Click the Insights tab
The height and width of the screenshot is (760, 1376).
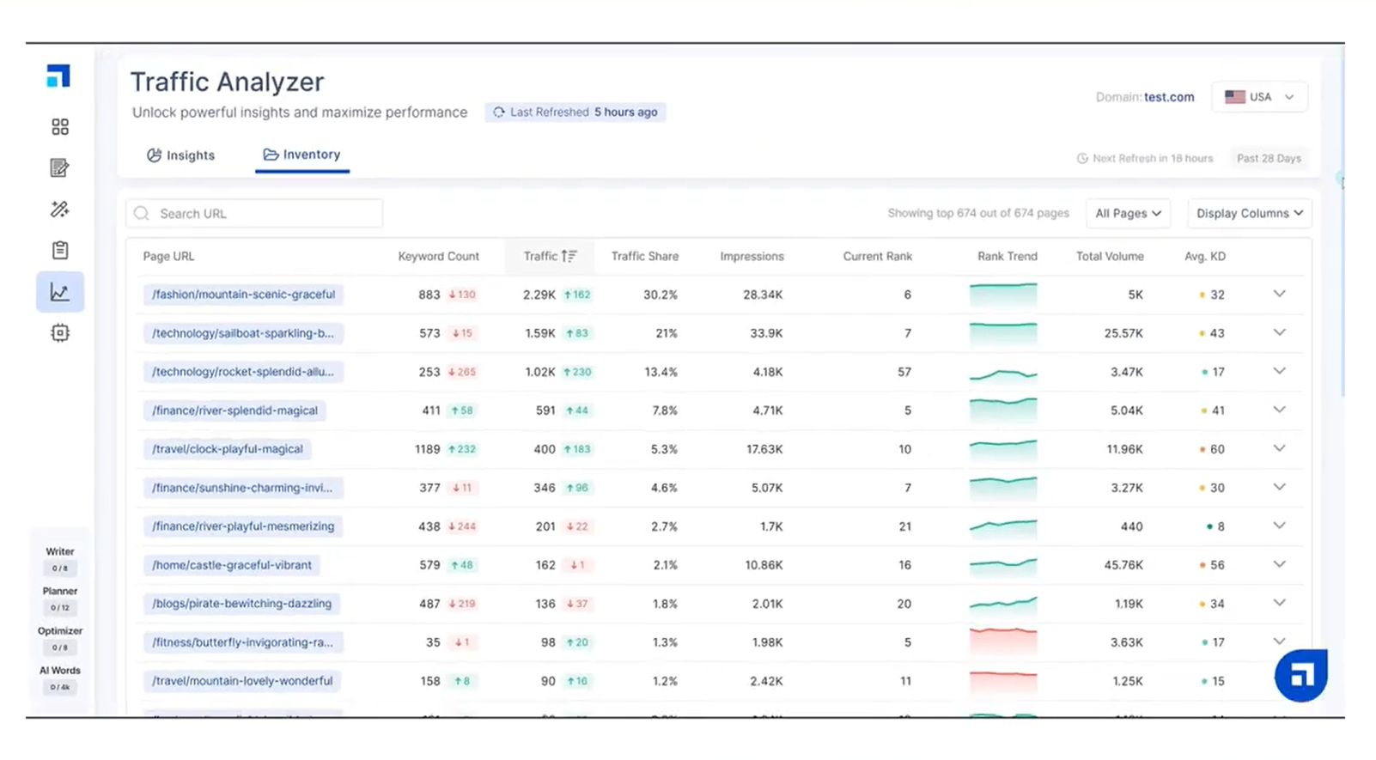coord(181,155)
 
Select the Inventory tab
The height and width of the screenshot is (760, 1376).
coord(302,155)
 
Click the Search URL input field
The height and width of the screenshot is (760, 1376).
coord(255,214)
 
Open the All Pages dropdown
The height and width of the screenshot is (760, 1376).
coord(1128,213)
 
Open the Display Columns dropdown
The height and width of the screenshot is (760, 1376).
coord(1249,213)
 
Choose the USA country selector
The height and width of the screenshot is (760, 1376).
coord(1259,97)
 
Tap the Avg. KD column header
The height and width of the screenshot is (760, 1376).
coord(1204,256)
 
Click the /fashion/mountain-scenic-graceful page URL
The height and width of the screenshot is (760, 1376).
coord(243,295)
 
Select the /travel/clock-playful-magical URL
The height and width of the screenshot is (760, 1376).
coord(227,449)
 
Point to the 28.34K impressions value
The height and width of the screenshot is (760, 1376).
coord(763,295)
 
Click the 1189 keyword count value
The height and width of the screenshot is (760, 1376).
coord(427,449)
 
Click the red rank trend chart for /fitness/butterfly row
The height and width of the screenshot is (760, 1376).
coord(1002,641)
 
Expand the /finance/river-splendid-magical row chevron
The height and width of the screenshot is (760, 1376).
coord(1279,410)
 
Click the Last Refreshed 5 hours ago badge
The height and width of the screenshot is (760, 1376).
coord(575,112)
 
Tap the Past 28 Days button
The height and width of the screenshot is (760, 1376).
coord(1268,158)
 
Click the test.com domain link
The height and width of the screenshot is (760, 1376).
coord(1168,97)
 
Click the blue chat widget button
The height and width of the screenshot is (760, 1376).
coord(1300,675)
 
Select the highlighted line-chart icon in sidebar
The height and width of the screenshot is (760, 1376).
coord(60,292)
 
